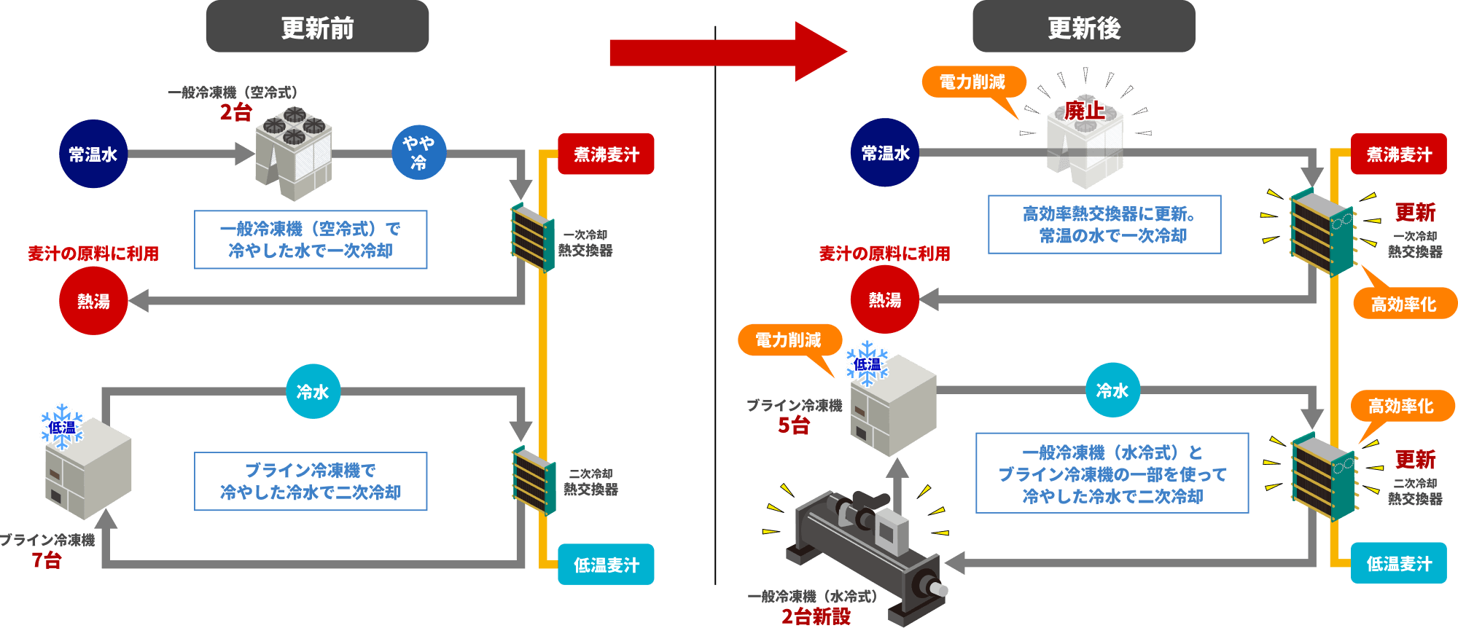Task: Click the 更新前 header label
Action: [317, 28]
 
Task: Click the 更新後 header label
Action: [1083, 28]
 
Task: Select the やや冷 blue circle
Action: [418, 153]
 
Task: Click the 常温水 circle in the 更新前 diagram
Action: [93, 154]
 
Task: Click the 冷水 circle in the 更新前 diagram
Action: [313, 392]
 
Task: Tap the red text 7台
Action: [47, 560]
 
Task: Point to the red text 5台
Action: [794, 425]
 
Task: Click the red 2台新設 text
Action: [816, 616]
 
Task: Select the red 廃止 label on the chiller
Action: [1084, 111]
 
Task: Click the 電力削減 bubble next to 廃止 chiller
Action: [972, 82]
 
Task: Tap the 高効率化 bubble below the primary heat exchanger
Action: [1403, 304]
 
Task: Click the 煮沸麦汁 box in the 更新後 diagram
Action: [1398, 154]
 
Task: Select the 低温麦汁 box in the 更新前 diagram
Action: [606, 565]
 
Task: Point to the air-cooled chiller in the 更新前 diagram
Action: [294, 153]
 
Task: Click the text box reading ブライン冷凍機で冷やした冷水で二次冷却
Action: [311, 482]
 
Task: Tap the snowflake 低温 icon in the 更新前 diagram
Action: [62, 427]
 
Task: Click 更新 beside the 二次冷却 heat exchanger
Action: [1414, 459]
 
